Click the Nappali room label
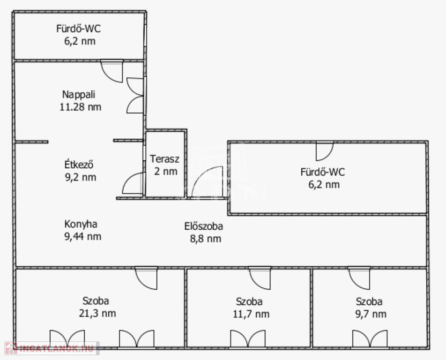coord(79,95)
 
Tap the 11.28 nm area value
coord(81,107)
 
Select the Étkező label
coord(79,165)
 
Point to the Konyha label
coord(81,224)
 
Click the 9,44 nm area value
coord(83,237)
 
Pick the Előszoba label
coord(204,226)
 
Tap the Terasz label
coord(165,159)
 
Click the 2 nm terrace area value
coord(166,171)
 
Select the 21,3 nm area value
coord(97,313)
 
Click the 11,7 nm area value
coord(251,314)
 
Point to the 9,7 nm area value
coord(371,314)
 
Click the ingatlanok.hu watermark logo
coord(52,348)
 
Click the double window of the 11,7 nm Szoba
coord(248,338)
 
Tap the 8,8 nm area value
coord(206,239)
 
